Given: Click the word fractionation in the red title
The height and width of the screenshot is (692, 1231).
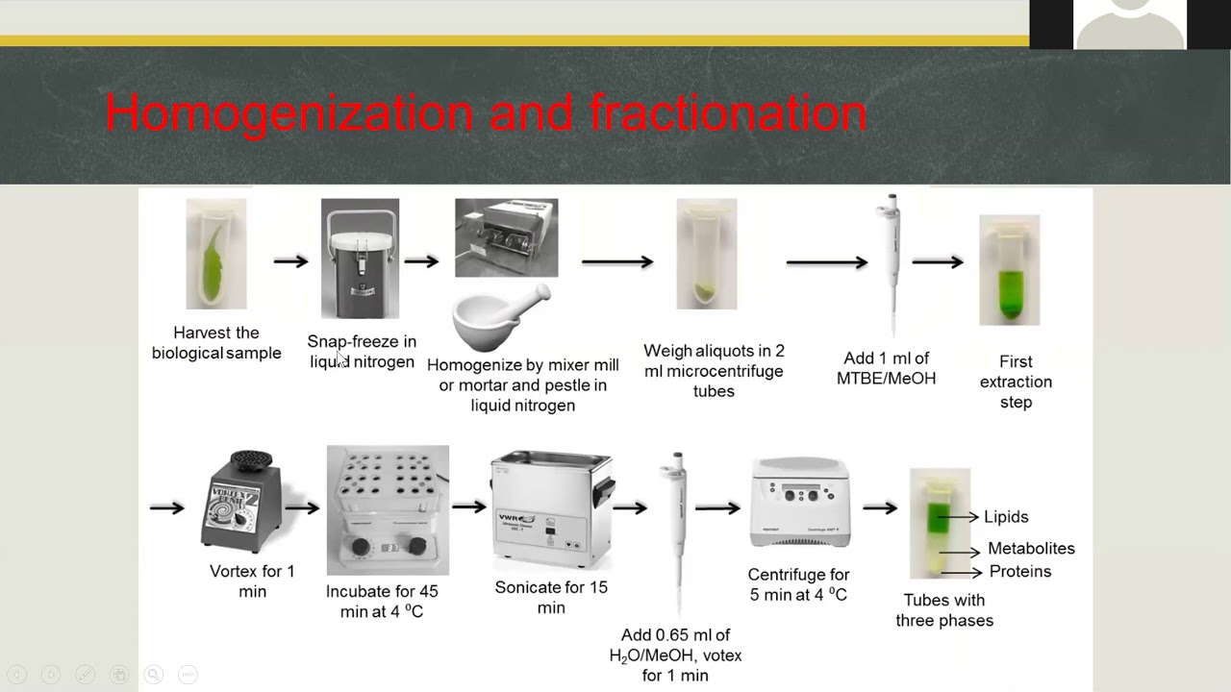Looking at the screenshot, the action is pyautogui.click(x=728, y=112).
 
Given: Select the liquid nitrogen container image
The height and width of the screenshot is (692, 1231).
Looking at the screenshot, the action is pyautogui.click(x=360, y=259).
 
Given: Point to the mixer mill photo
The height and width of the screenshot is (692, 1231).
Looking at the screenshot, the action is pyautogui.click(x=506, y=237).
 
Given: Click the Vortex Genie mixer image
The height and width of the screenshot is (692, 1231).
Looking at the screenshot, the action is pyautogui.click(x=242, y=502).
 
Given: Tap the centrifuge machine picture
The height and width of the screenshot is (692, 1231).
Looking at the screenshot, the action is pyautogui.click(x=800, y=503).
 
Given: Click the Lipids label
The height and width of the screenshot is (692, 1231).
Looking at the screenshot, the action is pyautogui.click(x=1006, y=517).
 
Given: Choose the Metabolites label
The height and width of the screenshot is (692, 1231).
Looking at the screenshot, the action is pyautogui.click(x=1031, y=548).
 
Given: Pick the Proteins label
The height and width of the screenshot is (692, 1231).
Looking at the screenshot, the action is pyautogui.click(x=1020, y=571).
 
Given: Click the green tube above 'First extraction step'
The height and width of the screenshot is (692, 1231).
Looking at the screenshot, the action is pyautogui.click(x=1010, y=270).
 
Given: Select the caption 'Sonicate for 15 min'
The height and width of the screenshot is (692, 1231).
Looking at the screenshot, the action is pyautogui.click(x=551, y=598).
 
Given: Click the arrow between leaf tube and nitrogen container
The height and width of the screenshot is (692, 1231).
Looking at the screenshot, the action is pyautogui.click(x=291, y=261).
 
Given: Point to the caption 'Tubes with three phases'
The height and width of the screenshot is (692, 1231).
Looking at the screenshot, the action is pyautogui.click(x=944, y=610).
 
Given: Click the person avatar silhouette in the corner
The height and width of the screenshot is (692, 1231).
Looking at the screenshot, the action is pyautogui.click(x=1130, y=25).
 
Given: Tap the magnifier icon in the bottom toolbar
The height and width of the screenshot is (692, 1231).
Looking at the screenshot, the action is pyautogui.click(x=153, y=674).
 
